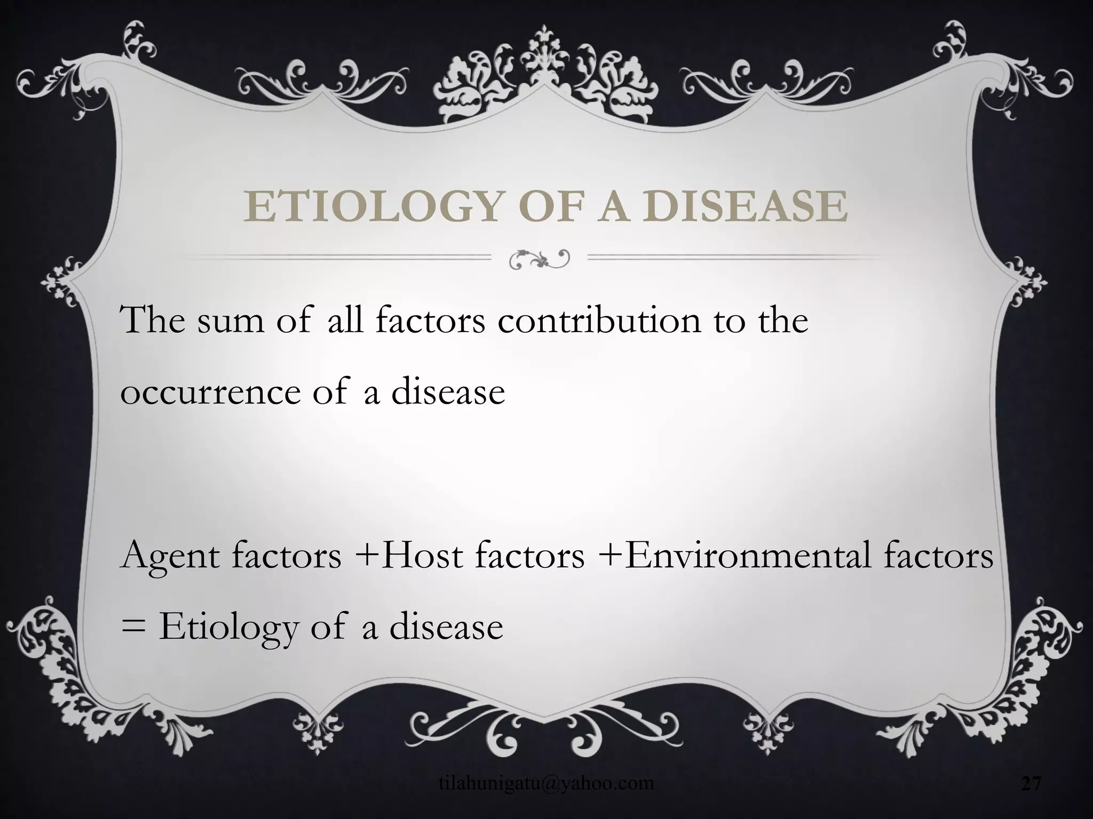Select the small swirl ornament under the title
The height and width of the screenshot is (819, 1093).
pyautogui.click(x=540, y=258)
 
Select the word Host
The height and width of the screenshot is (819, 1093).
pyautogui.click(x=422, y=556)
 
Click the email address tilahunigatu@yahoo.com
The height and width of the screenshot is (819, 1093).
pyautogui.click(x=546, y=783)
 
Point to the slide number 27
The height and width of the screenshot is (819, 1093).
pyautogui.click(x=1031, y=783)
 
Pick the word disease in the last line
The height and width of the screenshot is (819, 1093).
pyautogui.click(x=446, y=628)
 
